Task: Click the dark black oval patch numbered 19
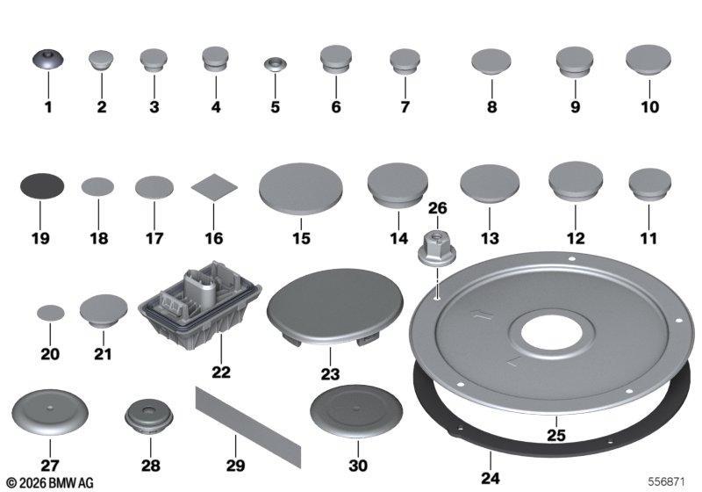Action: pos(42,186)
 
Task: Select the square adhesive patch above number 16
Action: pos(214,187)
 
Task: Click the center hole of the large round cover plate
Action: pos(552,333)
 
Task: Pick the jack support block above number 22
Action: pos(200,306)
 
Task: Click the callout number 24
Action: pos(491,478)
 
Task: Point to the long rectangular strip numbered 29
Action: pos(248,427)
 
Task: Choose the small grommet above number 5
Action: pos(275,63)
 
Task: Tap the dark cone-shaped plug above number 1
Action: pos(48,59)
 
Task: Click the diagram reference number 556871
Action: pos(666,481)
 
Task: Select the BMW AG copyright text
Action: pos(50,483)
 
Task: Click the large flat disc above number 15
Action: pos(301,189)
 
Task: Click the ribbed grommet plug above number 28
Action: pos(148,416)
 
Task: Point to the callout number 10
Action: pos(649,106)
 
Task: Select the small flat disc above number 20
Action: pos(51,314)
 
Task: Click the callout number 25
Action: pos(556,435)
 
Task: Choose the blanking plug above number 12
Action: pos(576,181)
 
